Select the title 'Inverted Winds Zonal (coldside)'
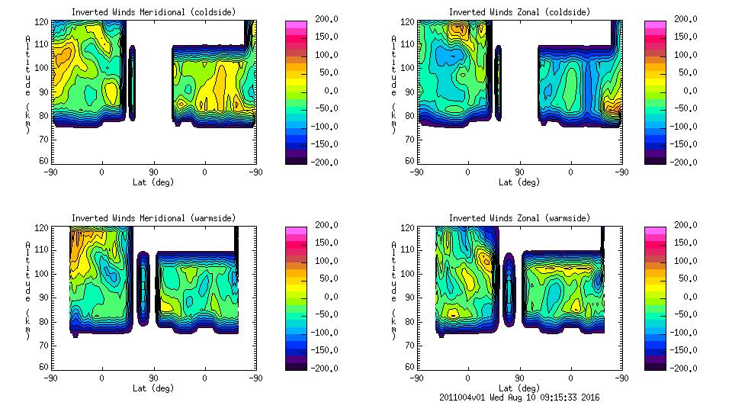tap(518, 12)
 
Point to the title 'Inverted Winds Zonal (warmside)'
tap(518, 218)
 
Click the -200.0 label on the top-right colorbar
tap(687, 162)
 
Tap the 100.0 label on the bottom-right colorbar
tap(687, 261)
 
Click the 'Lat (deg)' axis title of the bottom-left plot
tap(153, 388)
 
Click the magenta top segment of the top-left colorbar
tap(296, 24)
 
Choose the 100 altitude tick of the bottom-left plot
tap(44, 274)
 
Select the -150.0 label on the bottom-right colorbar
tap(687, 350)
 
